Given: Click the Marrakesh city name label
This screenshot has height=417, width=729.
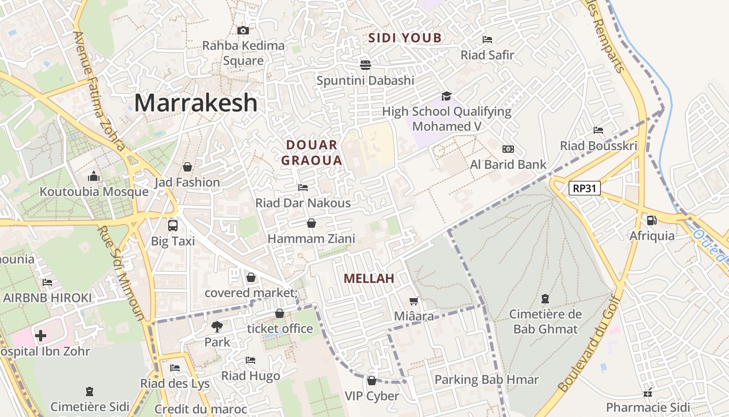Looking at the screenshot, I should [196, 103].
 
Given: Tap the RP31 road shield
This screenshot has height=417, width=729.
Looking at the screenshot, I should [584, 188].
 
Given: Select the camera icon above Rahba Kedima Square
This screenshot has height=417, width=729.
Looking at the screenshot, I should [243, 30].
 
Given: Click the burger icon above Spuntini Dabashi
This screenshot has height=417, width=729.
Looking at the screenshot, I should [366, 65].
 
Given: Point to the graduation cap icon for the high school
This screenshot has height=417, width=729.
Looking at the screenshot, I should [446, 96].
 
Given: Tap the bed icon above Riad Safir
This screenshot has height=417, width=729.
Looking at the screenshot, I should [487, 39].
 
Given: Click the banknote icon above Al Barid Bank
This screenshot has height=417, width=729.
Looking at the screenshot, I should [508, 149].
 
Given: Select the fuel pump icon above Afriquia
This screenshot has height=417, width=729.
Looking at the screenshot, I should [651, 220].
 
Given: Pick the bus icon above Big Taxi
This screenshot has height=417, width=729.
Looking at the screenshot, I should [173, 226].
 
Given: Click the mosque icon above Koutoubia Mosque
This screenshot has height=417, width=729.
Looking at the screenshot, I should [94, 176].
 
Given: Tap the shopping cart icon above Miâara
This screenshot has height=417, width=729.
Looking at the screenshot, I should [414, 301].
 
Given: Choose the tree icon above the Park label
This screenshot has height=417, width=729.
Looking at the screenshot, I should [217, 327].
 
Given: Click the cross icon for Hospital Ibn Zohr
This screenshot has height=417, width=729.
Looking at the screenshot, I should [41, 335].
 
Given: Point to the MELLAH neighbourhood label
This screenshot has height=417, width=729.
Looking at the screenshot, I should [369, 279].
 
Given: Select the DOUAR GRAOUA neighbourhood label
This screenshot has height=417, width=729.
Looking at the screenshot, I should [311, 153].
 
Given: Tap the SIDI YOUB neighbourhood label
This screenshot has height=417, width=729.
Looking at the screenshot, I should [405, 38].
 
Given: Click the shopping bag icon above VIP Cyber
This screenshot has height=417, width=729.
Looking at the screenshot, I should [372, 381].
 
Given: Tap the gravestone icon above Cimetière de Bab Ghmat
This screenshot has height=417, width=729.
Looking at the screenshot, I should [545, 299].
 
